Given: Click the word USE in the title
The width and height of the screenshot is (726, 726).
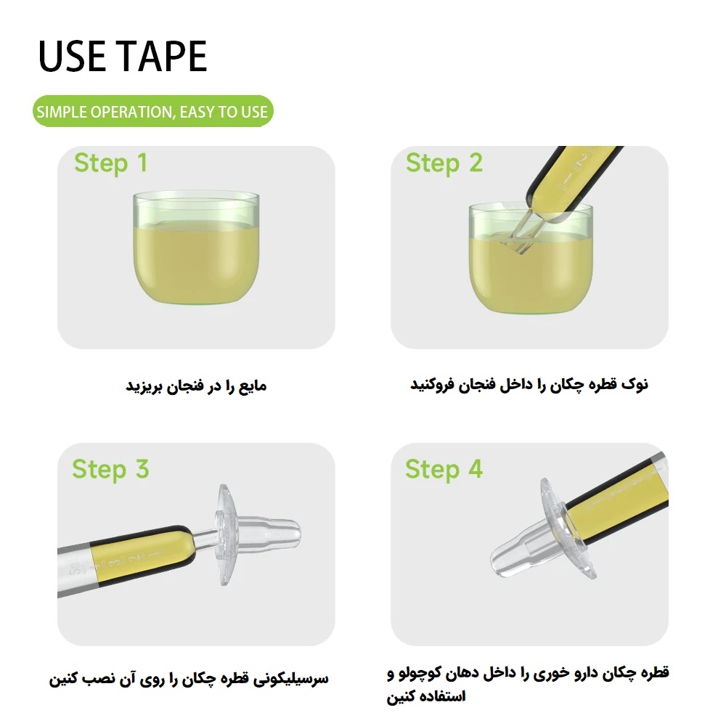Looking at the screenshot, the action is pyautogui.click(x=72, y=56).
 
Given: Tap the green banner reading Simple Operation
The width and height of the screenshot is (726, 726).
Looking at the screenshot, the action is pyautogui.click(x=152, y=111).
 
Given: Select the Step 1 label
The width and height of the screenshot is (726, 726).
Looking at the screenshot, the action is pyautogui.click(x=110, y=163).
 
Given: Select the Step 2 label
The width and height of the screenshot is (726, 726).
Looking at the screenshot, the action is pyautogui.click(x=444, y=163).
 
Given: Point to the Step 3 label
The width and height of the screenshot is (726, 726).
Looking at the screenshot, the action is pyautogui.click(x=110, y=469).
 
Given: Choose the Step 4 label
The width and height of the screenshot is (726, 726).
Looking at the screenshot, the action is pyautogui.click(x=444, y=469).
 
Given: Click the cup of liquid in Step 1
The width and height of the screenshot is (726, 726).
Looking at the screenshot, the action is pyautogui.click(x=196, y=248).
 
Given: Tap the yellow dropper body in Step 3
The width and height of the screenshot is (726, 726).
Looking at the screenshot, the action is pyautogui.click(x=139, y=555).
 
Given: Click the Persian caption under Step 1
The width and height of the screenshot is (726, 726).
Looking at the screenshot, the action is pyautogui.click(x=196, y=386).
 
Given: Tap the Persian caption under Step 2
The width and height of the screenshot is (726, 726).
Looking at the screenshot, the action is pyautogui.click(x=529, y=384).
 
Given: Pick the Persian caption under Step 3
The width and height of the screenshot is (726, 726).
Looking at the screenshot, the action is pyautogui.click(x=189, y=679).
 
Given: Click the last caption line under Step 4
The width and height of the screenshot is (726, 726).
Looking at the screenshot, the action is pyautogui.click(x=426, y=696).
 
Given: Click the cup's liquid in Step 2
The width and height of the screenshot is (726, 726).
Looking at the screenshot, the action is pyautogui.click(x=531, y=273).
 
